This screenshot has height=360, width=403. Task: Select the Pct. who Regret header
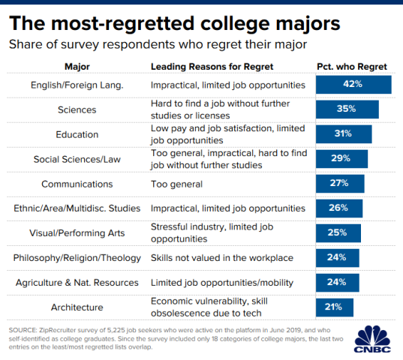pos(352,66)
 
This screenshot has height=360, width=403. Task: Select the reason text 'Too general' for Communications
pos(176,184)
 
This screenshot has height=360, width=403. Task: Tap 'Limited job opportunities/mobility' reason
pos(221,283)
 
